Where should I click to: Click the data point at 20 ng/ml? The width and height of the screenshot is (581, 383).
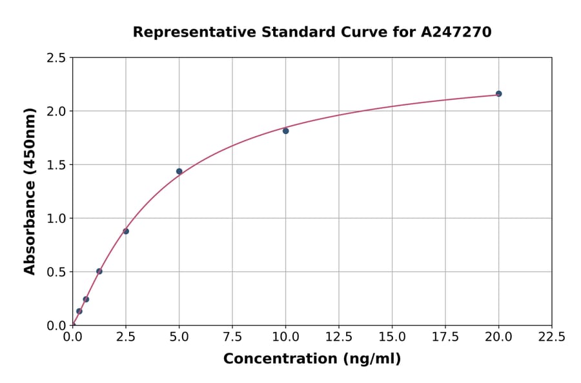point(498,93)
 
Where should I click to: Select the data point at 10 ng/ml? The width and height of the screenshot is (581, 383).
point(285,131)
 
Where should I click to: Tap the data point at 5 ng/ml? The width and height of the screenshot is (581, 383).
point(179,172)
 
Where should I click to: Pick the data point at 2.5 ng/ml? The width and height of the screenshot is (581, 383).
point(126,231)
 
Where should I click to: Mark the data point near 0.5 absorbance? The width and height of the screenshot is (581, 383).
point(99,271)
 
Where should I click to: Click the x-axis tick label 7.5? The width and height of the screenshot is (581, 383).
point(232,337)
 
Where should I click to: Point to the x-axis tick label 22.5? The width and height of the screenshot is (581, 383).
point(551,337)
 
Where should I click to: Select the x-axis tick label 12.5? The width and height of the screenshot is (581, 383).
point(339,337)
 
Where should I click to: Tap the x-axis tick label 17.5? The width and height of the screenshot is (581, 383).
point(445,337)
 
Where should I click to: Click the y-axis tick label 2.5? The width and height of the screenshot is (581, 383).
point(57,58)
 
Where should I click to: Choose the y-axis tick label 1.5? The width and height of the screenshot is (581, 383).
point(57,165)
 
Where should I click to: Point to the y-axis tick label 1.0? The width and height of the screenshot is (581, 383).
point(57,219)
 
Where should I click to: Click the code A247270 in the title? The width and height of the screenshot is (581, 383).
point(456,32)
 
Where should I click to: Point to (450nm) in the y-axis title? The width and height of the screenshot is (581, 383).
point(30,142)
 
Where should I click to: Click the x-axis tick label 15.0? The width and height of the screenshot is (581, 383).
point(392,337)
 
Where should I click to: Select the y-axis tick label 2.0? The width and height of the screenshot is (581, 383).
point(57,112)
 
